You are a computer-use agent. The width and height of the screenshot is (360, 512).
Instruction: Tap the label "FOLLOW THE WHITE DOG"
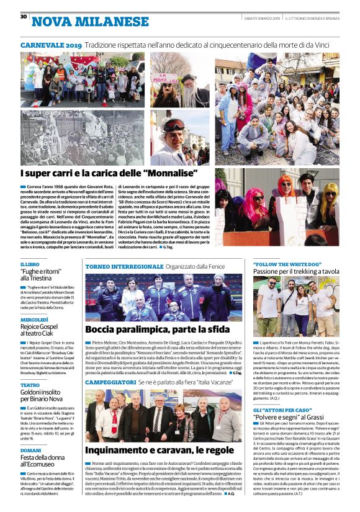coord(287,264)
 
